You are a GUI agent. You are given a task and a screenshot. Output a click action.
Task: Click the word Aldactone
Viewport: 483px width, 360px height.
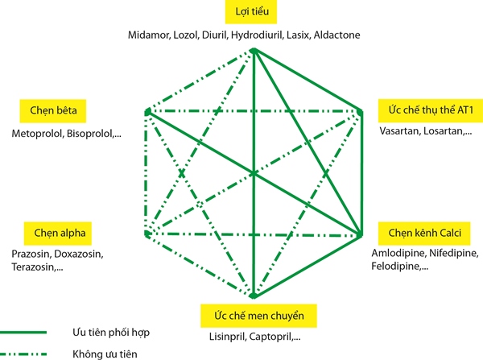click(x=336, y=35)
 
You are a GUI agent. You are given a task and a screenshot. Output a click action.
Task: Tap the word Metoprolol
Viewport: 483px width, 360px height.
click(x=38, y=130)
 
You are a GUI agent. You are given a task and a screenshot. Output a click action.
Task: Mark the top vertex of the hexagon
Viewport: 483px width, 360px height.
click(x=253, y=51)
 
